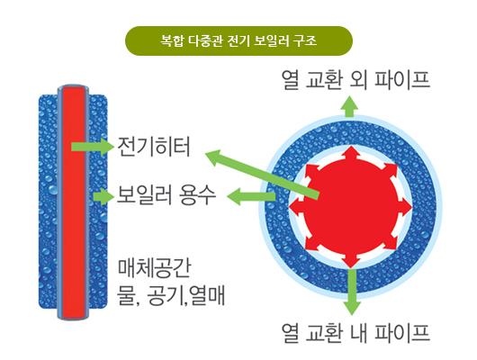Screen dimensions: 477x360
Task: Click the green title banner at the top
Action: click(238, 40)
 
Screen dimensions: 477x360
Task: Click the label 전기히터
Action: click(154, 147)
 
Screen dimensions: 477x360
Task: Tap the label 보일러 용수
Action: click(166, 195)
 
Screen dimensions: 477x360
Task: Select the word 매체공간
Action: click(154, 268)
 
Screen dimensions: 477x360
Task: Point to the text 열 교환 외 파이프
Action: click(355, 80)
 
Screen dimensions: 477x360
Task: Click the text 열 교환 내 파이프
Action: click(355, 333)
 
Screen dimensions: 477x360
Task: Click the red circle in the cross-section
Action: click(351, 207)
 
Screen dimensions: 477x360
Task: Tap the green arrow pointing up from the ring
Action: click(350, 106)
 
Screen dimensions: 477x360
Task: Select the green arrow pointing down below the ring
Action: click(352, 292)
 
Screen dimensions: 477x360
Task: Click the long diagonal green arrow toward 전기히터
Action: click(262, 174)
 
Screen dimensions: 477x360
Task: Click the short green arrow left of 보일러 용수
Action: click(103, 196)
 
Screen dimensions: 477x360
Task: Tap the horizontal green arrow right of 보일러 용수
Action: click(251, 196)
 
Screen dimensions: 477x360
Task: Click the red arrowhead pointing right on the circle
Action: click(406, 208)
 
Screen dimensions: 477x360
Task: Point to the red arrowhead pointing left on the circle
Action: click(296, 208)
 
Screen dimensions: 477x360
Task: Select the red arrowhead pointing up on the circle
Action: click(351, 153)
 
